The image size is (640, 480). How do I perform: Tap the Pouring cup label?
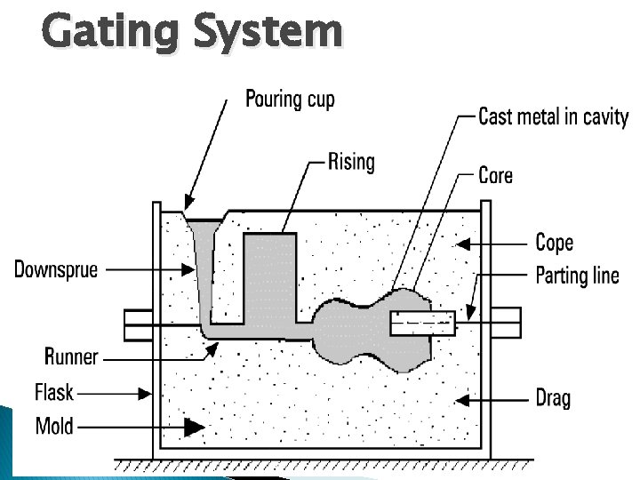point(290,98)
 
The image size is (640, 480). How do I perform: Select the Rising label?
point(351,162)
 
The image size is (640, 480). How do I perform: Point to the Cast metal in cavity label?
point(553,116)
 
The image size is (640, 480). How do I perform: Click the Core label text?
point(495,175)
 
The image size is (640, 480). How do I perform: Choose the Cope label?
point(554,242)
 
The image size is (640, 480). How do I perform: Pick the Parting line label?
point(577,275)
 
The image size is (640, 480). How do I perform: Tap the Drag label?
point(553,396)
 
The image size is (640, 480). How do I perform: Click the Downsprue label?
point(56,268)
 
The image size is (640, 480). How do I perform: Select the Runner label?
point(71,357)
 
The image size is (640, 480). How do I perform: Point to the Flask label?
point(54,391)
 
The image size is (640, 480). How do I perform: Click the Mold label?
point(54,426)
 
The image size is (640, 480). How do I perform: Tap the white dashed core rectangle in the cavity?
point(423,324)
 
